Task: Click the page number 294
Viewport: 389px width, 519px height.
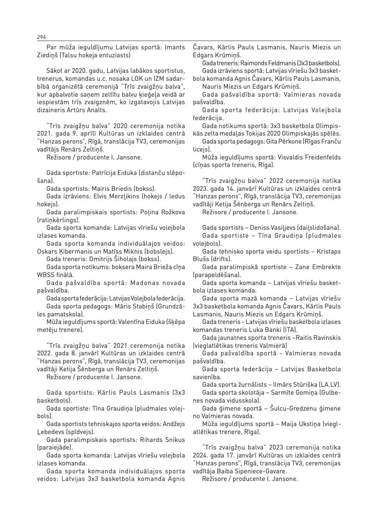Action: coord(41,37)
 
